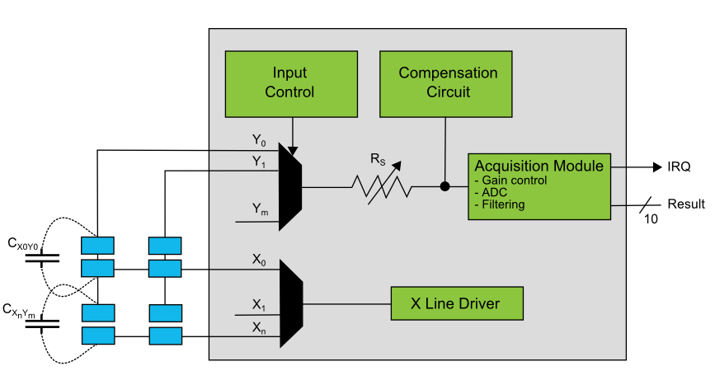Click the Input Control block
290,83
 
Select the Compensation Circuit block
448,83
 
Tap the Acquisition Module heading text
539,166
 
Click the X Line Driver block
456,304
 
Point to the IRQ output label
679,167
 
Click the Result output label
685,204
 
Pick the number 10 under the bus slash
651,219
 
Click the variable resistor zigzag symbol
382,187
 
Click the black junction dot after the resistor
445,186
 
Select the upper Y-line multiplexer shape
291,186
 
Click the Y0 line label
259,142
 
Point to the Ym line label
260,210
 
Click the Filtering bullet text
501,204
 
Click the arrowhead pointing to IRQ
657,167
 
